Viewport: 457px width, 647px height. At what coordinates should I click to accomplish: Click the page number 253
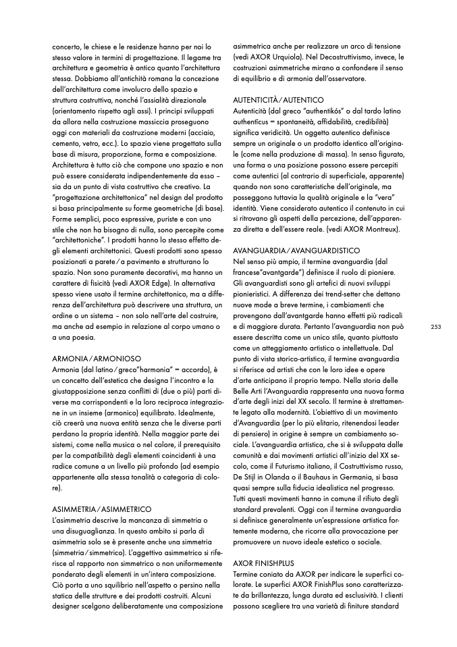[435, 327]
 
